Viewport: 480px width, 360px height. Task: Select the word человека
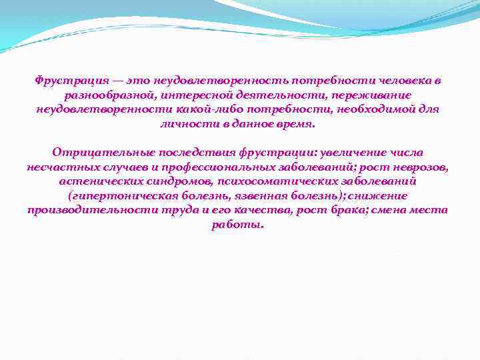click(x=405, y=81)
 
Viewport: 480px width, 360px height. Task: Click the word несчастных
click(x=61, y=167)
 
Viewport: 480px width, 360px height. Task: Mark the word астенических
click(x=98, y=181)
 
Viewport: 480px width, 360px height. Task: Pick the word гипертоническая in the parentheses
click(x=119, y=196)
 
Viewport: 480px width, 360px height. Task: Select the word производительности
click(x=83, y=210)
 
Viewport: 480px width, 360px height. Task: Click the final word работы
click(x=238, y=225)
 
